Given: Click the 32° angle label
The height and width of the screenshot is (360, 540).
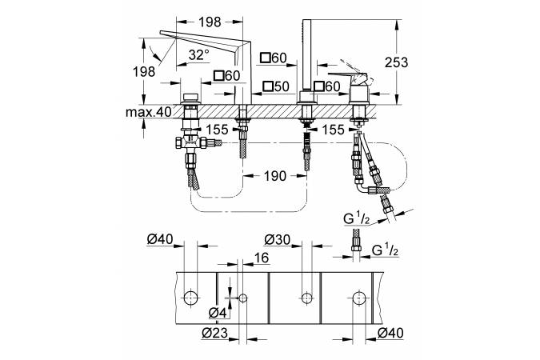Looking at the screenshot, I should (199, 55).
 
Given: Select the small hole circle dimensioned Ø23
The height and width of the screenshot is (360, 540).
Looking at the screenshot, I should (243, 298).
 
